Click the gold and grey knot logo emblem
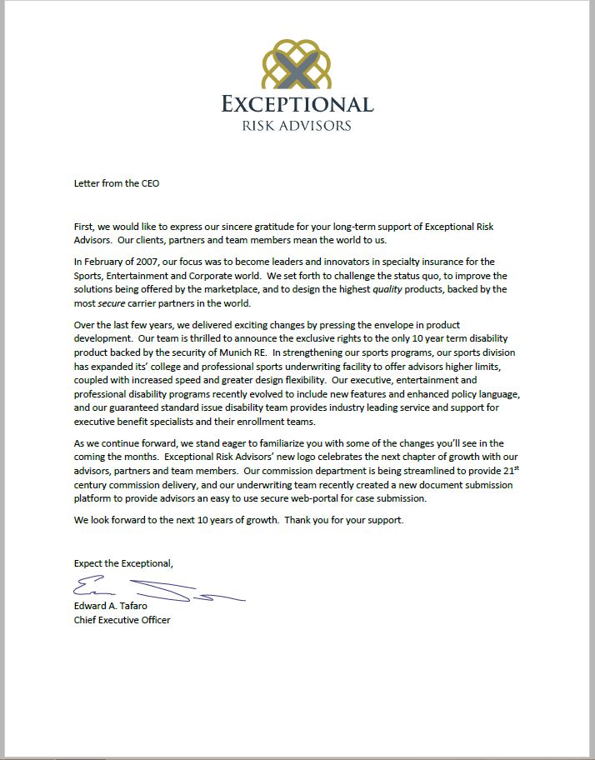[297, 62]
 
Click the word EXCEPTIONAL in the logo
[297, 104]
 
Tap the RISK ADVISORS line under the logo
[297, 126]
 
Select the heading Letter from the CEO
[116, 183]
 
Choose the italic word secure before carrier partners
[111, 302]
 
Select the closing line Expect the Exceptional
[123, 564]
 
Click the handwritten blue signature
[150, 589]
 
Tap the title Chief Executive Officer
[122, 620]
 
